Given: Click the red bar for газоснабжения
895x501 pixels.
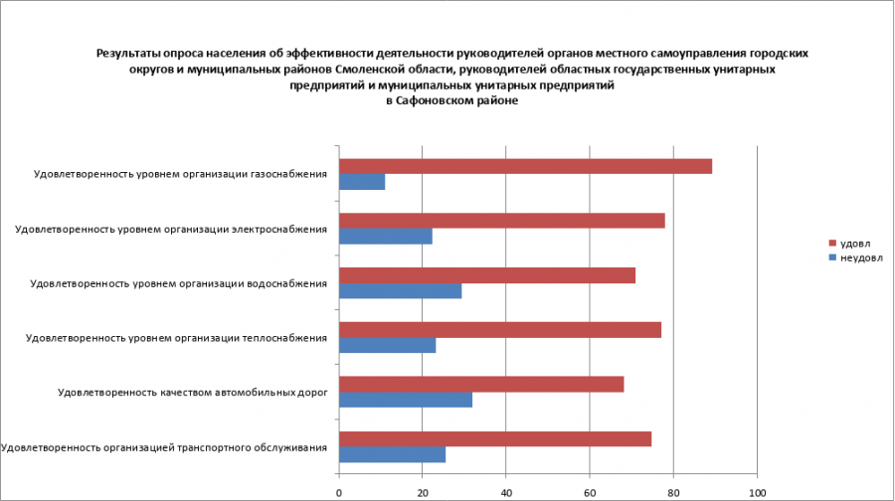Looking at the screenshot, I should click(x=525, y=167).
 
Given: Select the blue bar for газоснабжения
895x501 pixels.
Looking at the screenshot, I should click(x=362, y=183).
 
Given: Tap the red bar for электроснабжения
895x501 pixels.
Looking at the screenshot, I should click(x=501, y=221).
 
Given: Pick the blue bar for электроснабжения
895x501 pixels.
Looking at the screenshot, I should click(x=386, y=237).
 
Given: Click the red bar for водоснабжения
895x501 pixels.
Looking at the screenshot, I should click(x=487, y=275).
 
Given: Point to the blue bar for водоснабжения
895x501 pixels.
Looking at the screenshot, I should click(x=400, y=291).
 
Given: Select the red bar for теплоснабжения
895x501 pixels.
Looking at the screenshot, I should click(x=500, y=330).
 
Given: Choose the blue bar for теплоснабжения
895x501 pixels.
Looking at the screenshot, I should click(x=387, y=346).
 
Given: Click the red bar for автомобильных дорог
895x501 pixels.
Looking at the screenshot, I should click(x=481, y=385).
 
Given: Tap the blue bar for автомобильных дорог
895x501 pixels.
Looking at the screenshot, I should click(x=406, y=401).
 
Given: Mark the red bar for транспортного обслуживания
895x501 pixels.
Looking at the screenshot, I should click(x=495, y=439).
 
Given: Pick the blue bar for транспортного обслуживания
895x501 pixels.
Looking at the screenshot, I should click(x=392, y=455).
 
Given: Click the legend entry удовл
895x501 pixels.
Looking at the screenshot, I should click(x=854, y=244).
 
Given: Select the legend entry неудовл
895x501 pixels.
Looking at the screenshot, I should click(x=860, y=257).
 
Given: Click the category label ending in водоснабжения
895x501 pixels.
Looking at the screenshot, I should click(x=179, y=283).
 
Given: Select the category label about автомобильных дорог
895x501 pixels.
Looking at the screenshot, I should click(x=193, y=393).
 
